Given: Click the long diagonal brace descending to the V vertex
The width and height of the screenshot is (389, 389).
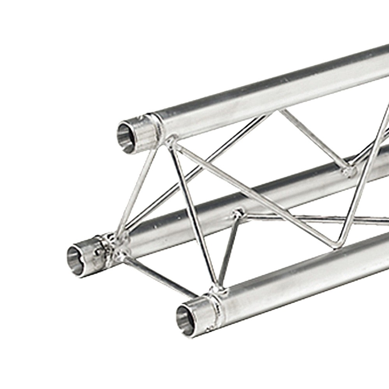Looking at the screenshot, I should [x=253, y=191].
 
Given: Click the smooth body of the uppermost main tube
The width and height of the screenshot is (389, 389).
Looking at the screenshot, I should [x=272, y=93].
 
